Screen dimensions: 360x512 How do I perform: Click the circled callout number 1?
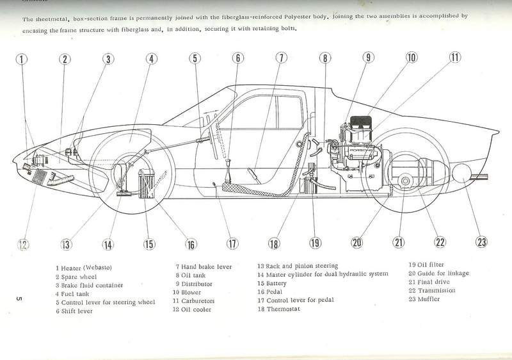click(x=22, y=59)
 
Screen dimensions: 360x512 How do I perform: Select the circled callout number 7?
click(x=280, y=58)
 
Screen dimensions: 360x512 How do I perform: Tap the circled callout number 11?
click(x=454, y=58)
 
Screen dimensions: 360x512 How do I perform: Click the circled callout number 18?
click(x=274, y=243)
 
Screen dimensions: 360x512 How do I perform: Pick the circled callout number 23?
click(x=481, y=242)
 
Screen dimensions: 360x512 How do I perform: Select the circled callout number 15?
click(x=148, y=243)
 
